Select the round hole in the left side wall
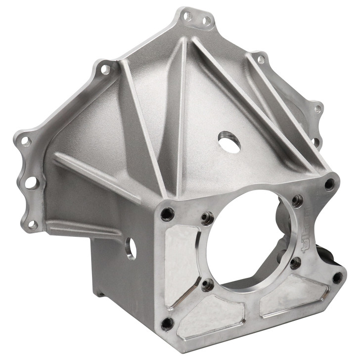131,248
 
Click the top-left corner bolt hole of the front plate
167,214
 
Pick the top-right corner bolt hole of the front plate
329,184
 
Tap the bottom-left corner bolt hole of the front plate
168,323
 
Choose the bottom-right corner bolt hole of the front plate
338,278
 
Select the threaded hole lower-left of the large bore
208,285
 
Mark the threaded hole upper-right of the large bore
297,200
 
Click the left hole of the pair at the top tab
188,16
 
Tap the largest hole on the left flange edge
31,182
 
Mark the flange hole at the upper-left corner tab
105,70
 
